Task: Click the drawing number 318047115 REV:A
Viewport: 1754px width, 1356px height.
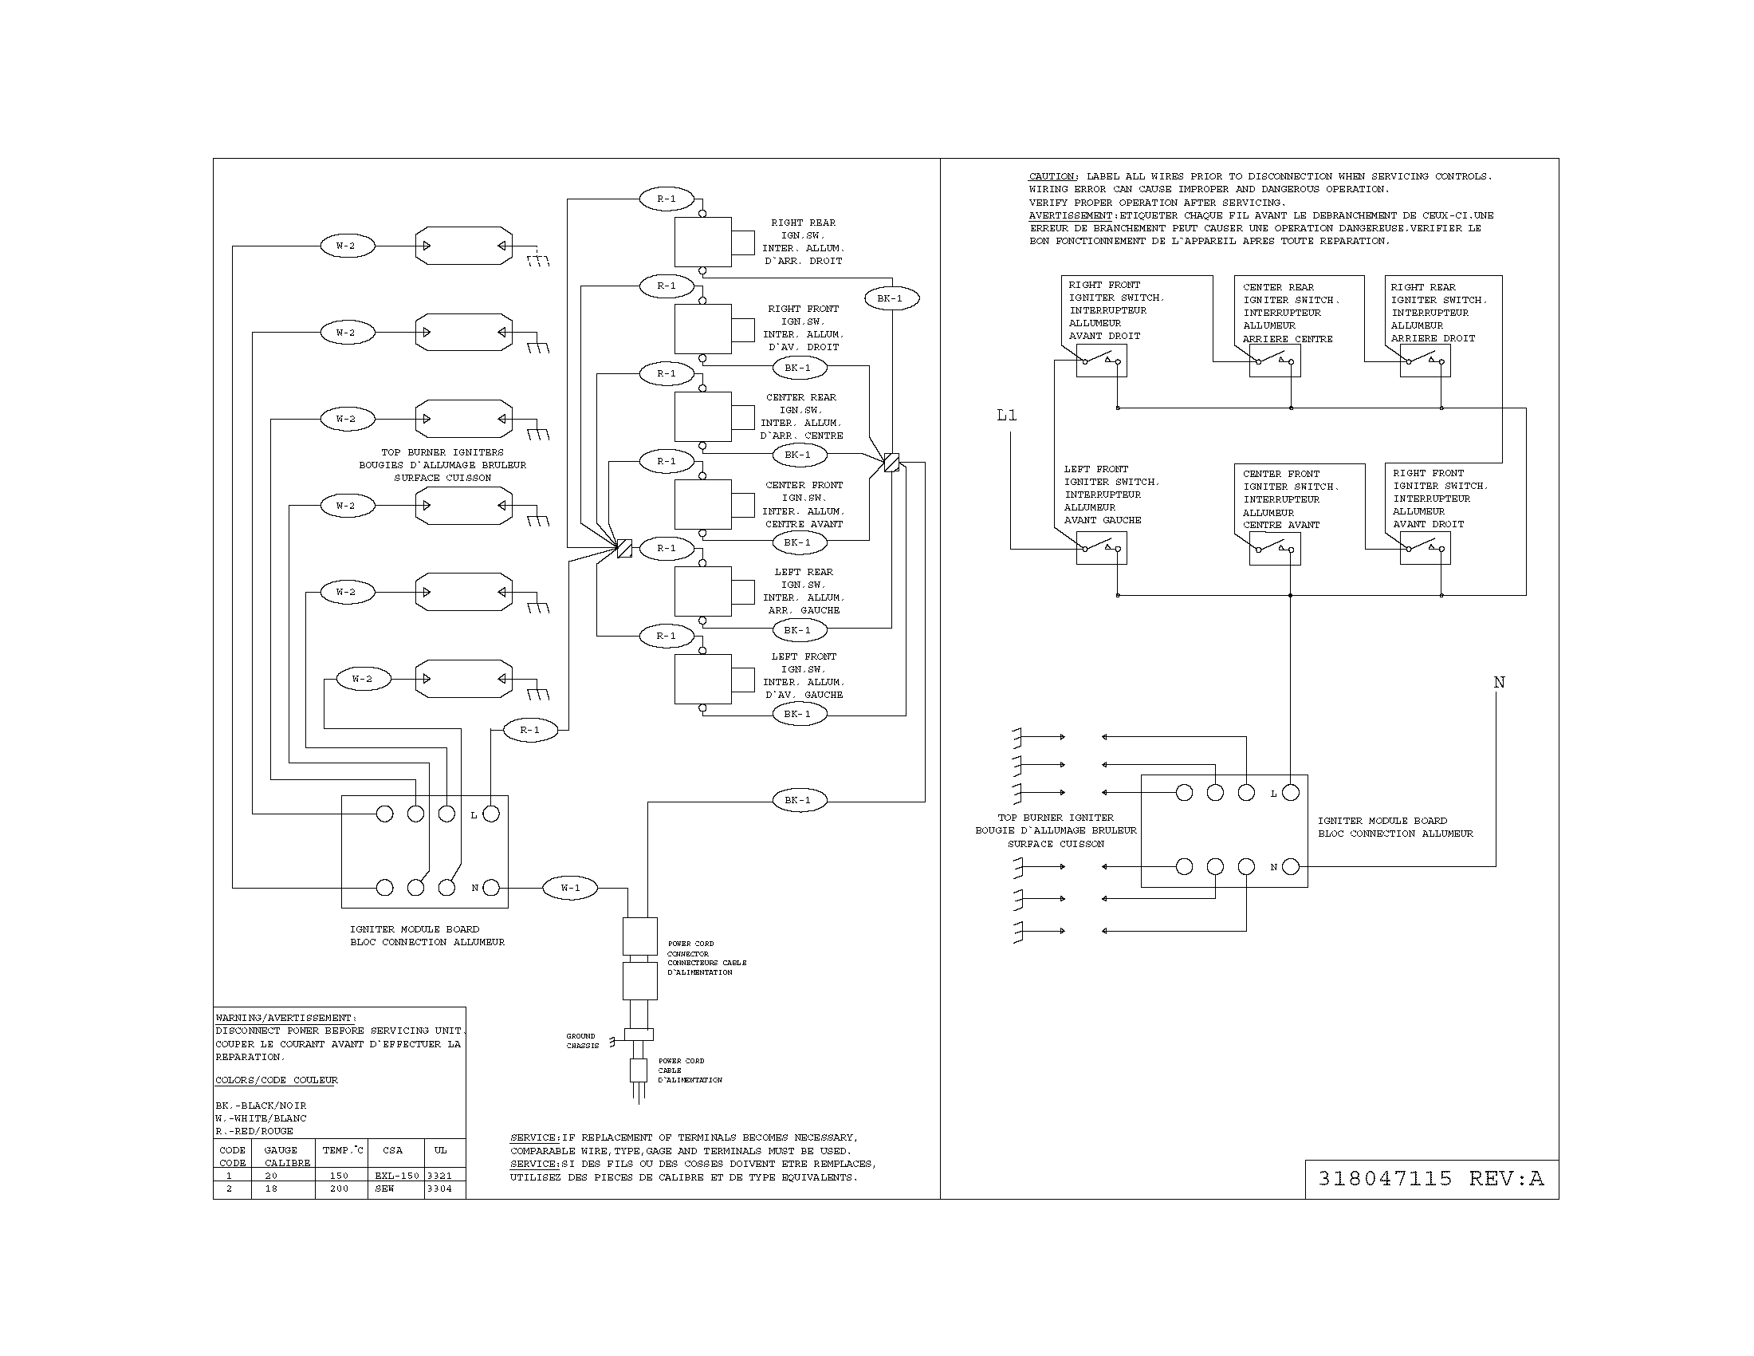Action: coord(1430,1178)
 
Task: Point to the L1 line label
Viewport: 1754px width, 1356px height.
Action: coord(1006,416)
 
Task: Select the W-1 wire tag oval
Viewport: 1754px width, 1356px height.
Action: coord(569,888)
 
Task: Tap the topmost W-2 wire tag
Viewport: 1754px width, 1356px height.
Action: coord(346,246)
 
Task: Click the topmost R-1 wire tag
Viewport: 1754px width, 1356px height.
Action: coord(667,199)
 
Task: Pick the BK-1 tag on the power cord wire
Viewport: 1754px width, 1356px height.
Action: coord(797,800)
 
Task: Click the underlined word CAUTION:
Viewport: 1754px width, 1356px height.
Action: coord(1053,176)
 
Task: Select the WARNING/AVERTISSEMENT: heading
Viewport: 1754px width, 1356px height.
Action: coord(286,1018)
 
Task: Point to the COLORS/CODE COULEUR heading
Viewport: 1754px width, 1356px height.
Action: coord(277,1080)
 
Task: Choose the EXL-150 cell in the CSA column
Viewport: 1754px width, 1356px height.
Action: coord(397,1175)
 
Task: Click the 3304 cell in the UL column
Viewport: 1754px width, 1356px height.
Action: coord(439,1188)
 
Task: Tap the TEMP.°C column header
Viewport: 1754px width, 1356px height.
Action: coord(343,1150)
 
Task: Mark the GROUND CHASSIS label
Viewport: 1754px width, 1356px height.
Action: coord(582,1040)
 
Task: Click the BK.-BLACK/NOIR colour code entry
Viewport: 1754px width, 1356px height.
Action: coord(261,1106)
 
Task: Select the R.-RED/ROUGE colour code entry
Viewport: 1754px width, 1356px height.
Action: coord(254,1130)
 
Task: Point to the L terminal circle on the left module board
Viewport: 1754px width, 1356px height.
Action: coord(491,814)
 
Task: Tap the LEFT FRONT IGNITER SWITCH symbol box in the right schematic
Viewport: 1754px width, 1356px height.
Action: coord(1101,549)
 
